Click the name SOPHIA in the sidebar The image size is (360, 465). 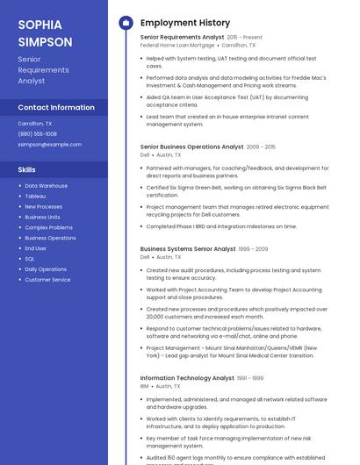tap(38, 24)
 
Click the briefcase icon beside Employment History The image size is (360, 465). tap(126, 22)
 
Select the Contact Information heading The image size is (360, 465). tap(56, 107)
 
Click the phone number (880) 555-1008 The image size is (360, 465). tap(37, 133)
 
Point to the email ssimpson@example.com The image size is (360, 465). tap(49, 144)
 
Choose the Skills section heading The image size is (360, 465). tap(27, 169)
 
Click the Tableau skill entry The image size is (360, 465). tap(35, 196)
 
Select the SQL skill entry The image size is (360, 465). tap(30, 259)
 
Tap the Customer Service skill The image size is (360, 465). tap(47, 280)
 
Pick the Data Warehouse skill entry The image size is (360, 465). tap(46, 185)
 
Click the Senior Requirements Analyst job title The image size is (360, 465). tap(182, 38)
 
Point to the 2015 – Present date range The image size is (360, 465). tap(244, 38)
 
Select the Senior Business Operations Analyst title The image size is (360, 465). tap(191, 147)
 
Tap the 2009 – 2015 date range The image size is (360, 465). tap(261, 147)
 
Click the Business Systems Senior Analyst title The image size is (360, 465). tap(188, 248)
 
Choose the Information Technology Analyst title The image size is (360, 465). tap(187, 378)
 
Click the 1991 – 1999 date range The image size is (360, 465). tap(250, 378)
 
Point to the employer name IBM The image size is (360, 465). tap(145, 386)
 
